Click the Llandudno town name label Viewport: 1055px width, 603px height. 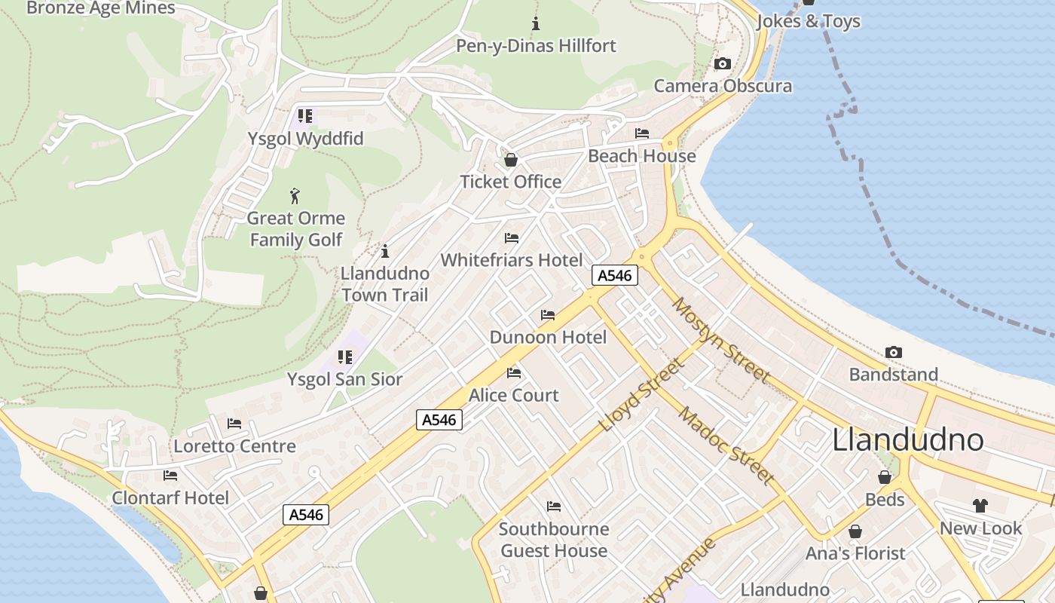907,440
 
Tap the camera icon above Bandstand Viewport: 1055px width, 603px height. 894,352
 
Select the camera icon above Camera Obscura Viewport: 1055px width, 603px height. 722,63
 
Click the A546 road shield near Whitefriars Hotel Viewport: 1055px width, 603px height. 614,275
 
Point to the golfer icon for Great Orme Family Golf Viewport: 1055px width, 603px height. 295,196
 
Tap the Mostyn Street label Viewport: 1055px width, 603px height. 720,340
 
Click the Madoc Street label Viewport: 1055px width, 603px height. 726,445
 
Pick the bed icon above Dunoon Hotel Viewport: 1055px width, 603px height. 548,315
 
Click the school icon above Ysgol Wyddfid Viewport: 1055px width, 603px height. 304,116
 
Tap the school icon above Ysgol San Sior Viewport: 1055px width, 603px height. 345,357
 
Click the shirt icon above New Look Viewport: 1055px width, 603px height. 980,506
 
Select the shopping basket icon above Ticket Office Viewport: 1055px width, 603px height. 511,160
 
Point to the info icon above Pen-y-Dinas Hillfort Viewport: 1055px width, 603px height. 536,23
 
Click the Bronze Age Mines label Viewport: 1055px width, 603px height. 100,8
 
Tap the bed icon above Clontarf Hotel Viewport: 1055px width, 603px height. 170,476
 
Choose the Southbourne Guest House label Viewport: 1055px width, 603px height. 554,540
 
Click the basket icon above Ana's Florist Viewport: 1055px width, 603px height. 855,531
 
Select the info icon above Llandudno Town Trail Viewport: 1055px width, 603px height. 385,251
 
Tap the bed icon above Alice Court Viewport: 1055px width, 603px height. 514,372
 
